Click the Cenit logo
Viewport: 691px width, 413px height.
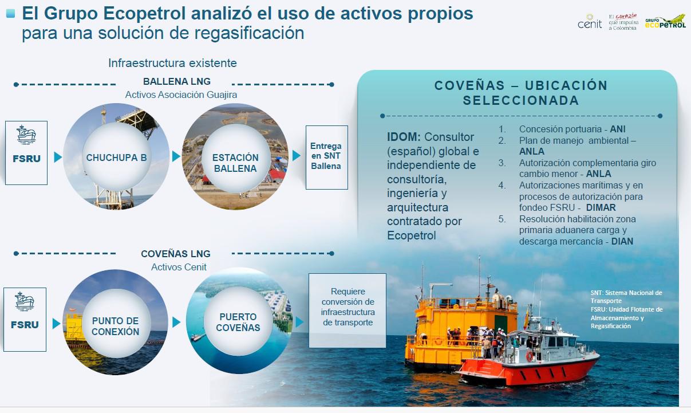point(590,21)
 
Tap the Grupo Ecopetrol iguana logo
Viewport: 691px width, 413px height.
point(665,22)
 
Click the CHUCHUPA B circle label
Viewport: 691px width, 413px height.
point(116,158)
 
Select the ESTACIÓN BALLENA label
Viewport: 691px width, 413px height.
point(235,163)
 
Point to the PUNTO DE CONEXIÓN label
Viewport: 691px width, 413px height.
point(116,327)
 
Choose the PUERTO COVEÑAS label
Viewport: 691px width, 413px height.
point(238,322)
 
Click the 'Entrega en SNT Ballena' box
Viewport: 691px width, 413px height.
point(327,157)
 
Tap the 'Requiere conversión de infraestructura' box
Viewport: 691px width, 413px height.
point(348,310)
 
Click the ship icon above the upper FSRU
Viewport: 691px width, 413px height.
point(26,135)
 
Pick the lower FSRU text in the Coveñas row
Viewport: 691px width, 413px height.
point(25,325)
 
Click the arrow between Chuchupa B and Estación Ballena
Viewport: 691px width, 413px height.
point(176,156)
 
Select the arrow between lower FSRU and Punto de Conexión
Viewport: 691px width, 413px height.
point(56,324)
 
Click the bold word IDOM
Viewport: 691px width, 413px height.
point(404,137)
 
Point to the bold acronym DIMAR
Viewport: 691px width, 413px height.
point(601,207)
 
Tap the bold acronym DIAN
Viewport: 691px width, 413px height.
point(622,241)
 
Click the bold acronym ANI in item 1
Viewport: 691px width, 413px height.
point(618,129)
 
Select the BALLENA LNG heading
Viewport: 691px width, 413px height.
point(177,81)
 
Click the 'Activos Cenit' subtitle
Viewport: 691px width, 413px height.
point(179,267)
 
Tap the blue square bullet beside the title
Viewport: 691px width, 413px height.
point(10,13)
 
